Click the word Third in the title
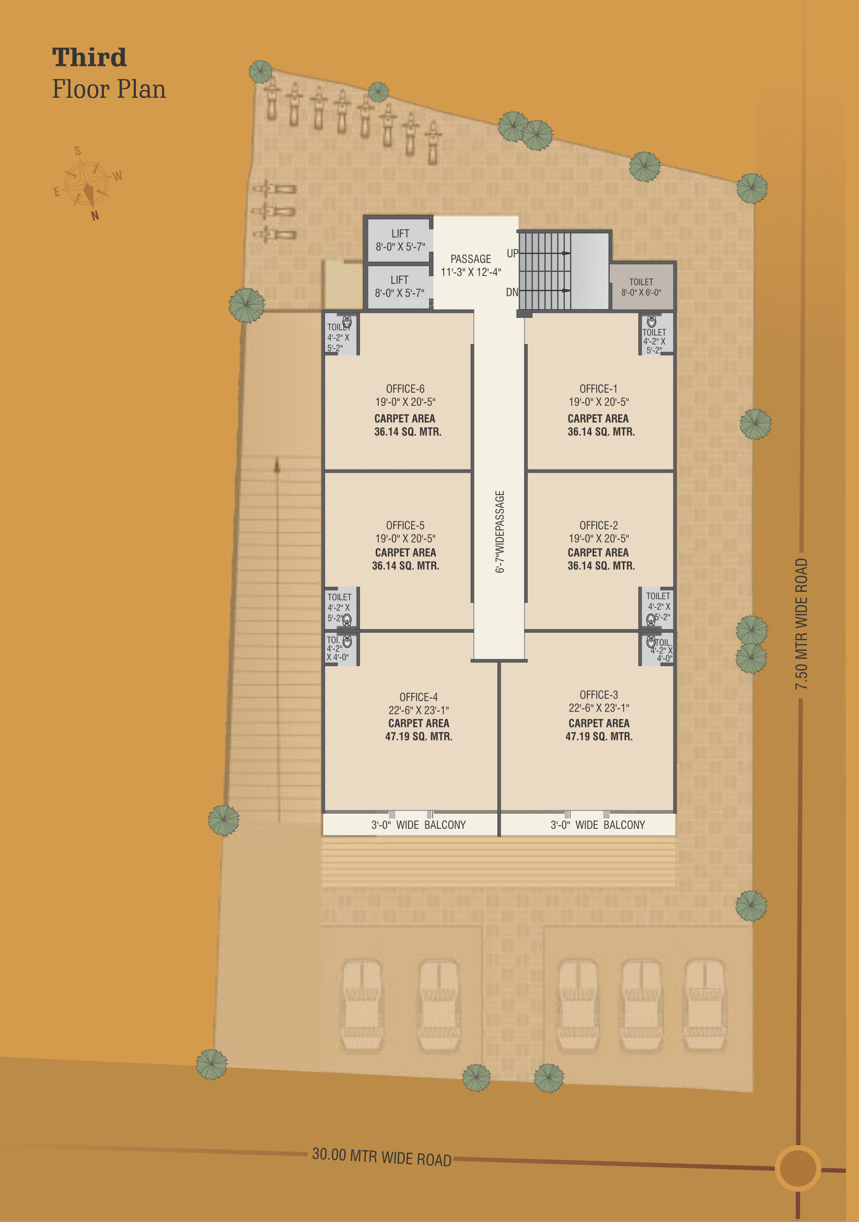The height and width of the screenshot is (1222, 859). [89, 58]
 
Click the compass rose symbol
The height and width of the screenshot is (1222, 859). [87, 183]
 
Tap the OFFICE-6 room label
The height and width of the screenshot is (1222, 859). [405, 389]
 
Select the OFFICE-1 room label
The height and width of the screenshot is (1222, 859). [598, 389]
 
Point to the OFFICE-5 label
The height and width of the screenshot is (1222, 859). [405, 526]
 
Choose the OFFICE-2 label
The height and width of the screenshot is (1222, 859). [598, 526]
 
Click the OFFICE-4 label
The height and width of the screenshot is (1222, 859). [419, 697]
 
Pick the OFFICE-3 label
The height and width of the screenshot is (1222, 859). [598, 694]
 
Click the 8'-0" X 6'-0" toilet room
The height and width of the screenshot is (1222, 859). [642, 287]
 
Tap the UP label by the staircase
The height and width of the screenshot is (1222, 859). [512, 253]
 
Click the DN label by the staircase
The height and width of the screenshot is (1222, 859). [512, 292]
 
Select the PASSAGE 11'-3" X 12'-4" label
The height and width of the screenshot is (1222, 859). [471, 266]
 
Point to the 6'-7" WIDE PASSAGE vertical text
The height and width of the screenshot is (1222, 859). [500, 532]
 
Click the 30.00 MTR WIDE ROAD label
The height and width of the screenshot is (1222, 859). [381, 1157]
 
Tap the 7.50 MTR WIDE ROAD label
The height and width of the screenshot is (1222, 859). [801, 624]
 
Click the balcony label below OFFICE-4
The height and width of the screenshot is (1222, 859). [419, 825]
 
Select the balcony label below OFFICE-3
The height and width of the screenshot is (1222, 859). [597, 825]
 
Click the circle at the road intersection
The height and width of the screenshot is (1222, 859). [798, 1168]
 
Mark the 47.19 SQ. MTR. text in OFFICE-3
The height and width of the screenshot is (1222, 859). [599, 737]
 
